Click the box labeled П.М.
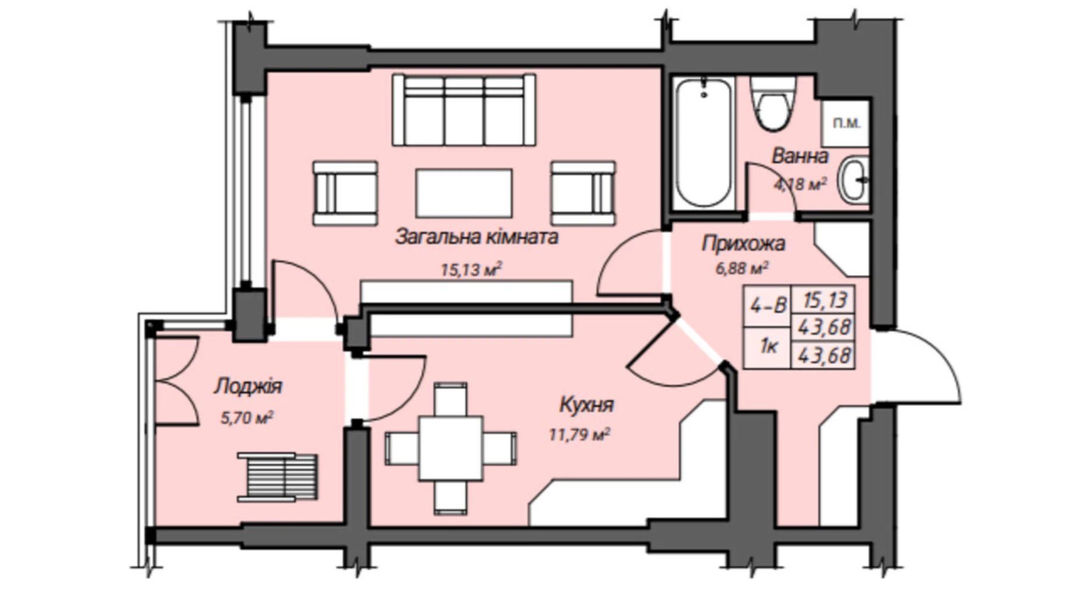pyautogui.click(x=846, y=123)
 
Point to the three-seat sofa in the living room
pyautogui.click(x=464, y=110)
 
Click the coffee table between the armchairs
pyautogui.click(x=464, y=193)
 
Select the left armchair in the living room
pyautogui.click(x=345, y=193)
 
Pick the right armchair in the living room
pyautogui.click(x=583, y=193)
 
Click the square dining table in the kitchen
pyautogui.click(x=451, y=448)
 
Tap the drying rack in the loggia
pyautogui.click(x=278, y=477)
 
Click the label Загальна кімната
pyautogui.click(x=477, y=237)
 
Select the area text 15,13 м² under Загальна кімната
pyautogui.click(x=471, y=270)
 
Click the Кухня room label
pyautogui.click(x=586, y=405)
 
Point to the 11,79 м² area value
pyautogui.click(x=579, y=434)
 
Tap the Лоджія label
pyautogui.click(x=248, y=386)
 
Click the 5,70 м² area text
pyautogui.click(x=247, y=418)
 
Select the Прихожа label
pyautogui.click(x=743, y=243)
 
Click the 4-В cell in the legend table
pyautogui.click(x=768, y=305)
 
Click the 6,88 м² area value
pyautogui.click(x=741, y=268)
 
